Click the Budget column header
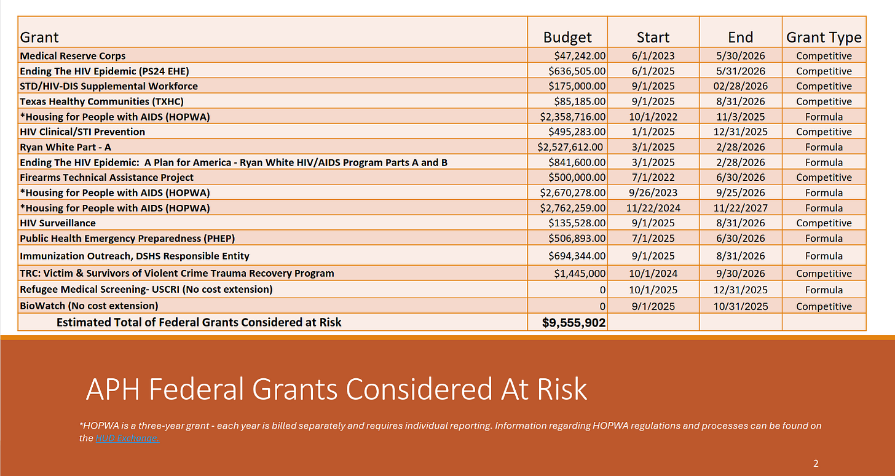567,38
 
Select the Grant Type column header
824,38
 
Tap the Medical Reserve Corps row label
73,56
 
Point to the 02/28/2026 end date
740,86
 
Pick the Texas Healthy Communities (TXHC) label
101,101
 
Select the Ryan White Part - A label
65,147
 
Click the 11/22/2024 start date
653,208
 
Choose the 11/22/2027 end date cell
740,208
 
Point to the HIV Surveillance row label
58,223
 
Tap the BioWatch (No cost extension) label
89,306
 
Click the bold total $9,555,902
574,322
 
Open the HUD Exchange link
127,438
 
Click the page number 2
816,464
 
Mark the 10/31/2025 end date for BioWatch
740,306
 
